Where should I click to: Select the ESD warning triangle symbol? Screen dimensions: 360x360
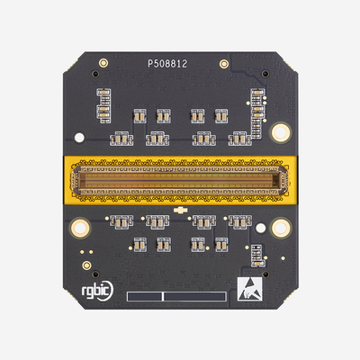[x=248, y=289]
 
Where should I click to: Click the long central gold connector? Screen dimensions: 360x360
[x=180, y=180]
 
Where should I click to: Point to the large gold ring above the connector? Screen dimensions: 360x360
[x=280, y=131]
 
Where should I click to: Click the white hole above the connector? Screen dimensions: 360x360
[x=79, y=139]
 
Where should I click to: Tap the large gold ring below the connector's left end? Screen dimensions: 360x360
[x=80, y=229]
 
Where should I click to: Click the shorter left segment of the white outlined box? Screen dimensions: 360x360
[x=144, y=295]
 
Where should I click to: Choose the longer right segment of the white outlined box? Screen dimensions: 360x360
[x=193, y=295]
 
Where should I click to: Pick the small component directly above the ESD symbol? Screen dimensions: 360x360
[x=258, y=257]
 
